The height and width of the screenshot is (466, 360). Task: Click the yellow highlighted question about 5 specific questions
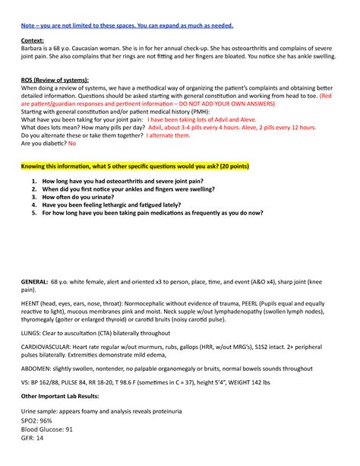tap(135, 166)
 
